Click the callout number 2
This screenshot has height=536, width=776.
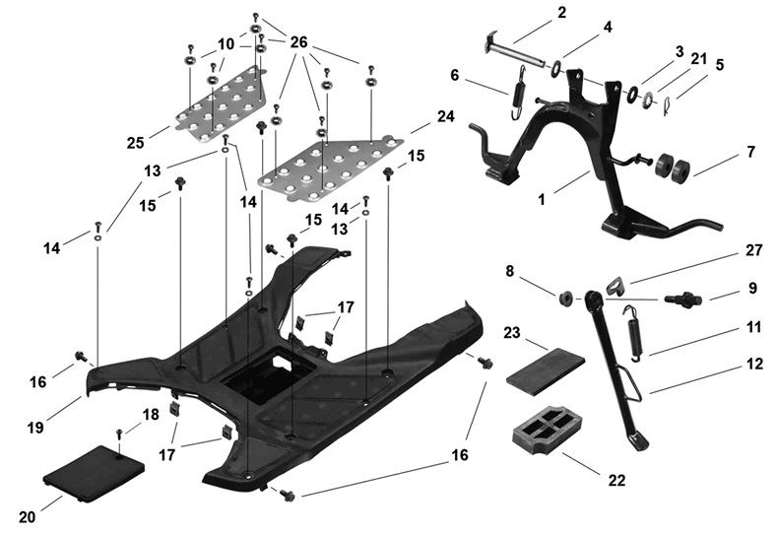tap(561, 13)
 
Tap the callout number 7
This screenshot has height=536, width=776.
tap(751, 154)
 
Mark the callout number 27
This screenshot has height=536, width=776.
tap(753, 250)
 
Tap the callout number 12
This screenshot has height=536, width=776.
tap(754, 363)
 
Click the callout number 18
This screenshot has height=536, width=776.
tap(150, 415)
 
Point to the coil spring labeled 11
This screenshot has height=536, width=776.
tap(636, 332)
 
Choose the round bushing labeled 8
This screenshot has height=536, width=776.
tap(566, 298)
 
